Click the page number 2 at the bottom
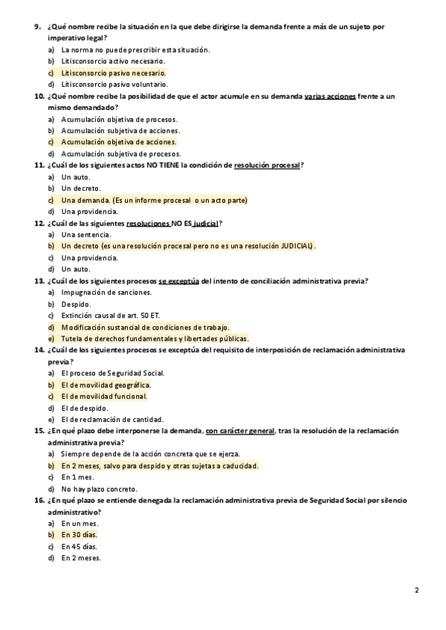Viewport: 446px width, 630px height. point(417,591)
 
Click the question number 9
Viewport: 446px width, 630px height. point(38,27)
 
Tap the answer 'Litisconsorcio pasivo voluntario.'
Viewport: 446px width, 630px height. point(114,85)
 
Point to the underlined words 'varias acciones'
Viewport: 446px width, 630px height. point(330,97)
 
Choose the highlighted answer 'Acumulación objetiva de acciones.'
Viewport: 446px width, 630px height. point(119,142)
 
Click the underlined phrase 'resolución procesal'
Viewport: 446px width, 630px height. point(267,165)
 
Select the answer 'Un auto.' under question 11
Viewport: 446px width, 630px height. point(75,177)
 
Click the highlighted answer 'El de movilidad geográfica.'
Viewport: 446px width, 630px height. point(106,385)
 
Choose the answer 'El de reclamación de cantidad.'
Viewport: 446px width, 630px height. point(112,420)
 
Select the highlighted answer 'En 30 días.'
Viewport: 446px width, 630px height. point(80,535)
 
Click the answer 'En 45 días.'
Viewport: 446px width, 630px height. point(80,546)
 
